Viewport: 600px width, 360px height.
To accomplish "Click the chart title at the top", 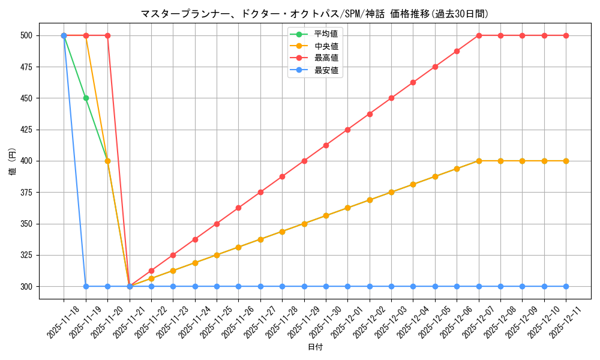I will pos(314,14).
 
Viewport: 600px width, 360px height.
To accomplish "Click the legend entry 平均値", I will pos(326,34).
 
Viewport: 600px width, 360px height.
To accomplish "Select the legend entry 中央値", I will pos(326,46).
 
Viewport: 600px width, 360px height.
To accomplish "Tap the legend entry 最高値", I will pos(326,58).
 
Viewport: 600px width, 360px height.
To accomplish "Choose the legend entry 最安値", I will pos(326,70).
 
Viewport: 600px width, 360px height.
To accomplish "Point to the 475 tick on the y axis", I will pos(27,67).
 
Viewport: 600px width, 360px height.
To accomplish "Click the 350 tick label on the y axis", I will pos(27,224).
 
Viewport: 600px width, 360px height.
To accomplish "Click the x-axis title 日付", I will pos(315,347).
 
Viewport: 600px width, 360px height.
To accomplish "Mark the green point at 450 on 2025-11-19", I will pos(86,98).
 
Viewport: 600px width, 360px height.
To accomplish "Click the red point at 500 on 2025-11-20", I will pos(107,35).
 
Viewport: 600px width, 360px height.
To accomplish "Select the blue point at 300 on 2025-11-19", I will pos(86,286).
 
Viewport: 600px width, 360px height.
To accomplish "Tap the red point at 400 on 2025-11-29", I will pos(304,161).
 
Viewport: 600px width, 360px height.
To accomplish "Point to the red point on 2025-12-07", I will pos(479,35).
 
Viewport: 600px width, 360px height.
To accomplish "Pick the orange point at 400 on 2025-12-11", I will pos(566,161).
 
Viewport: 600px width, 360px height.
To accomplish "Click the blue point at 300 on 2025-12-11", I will pos(566,286).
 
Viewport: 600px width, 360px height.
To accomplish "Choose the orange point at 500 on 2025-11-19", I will pos(86,35).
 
